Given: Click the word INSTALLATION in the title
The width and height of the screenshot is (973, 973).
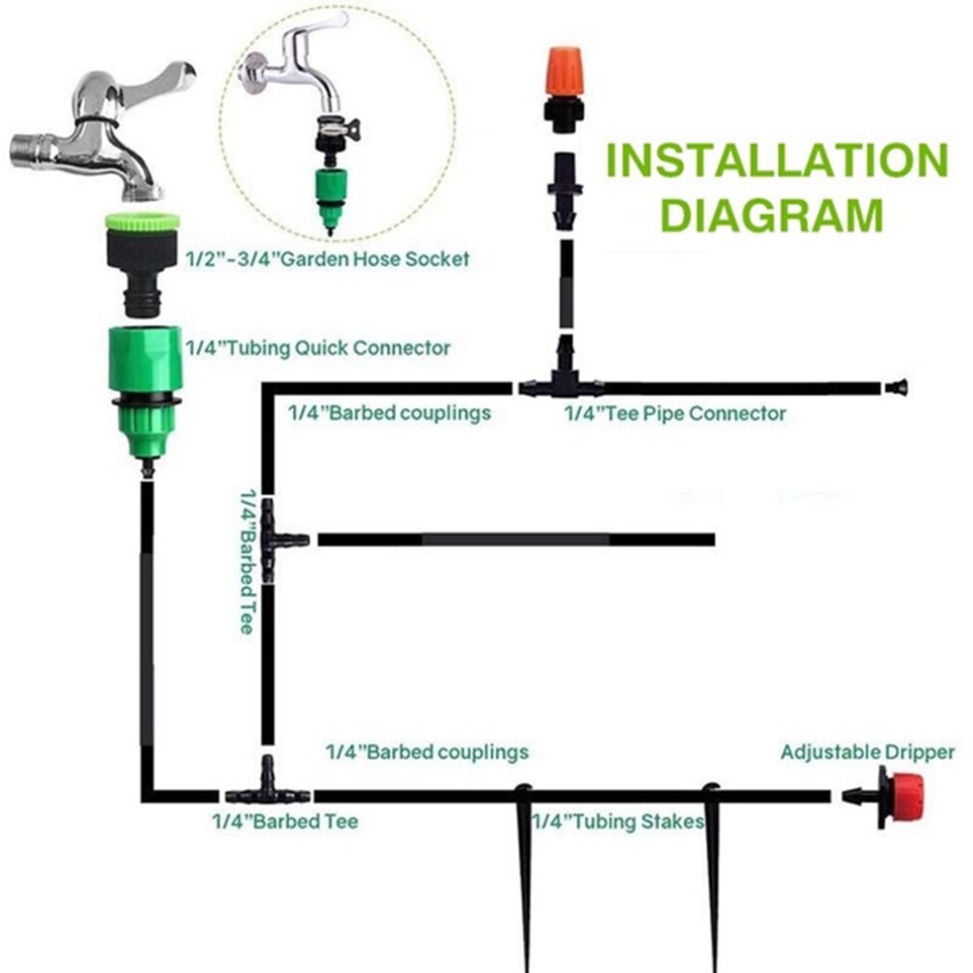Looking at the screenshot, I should click(776, 160).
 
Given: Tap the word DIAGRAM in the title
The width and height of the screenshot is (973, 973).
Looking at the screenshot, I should click(772, 216).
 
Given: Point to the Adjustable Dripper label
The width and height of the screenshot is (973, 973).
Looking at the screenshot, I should click(867, 751).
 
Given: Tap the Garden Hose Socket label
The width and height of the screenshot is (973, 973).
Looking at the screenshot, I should click(328, 258).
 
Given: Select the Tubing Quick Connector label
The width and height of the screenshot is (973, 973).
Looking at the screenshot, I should click(319, 347).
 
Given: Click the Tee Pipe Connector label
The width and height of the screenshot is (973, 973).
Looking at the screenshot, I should click(674, 413).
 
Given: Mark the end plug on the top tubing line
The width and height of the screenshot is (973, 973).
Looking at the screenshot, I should click(896, 387).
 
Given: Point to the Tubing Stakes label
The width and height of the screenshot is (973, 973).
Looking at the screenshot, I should click(618, 822).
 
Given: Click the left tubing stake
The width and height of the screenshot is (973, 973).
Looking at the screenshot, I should click(524, 867).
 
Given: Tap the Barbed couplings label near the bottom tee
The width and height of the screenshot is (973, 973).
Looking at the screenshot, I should click(427, 751).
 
